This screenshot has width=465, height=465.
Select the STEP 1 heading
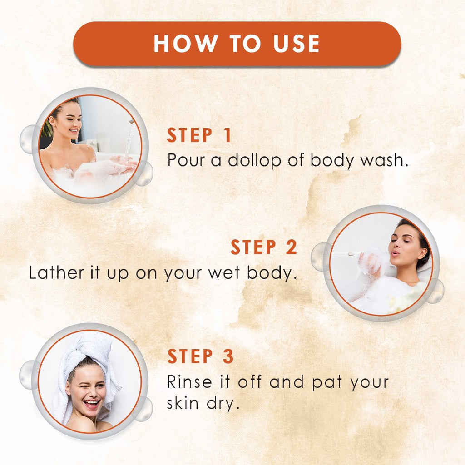point(199,135)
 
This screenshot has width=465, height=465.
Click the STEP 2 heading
point(264,247)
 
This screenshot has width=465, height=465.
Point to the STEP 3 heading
point(200,356)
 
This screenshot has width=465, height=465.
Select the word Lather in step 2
point(56,272)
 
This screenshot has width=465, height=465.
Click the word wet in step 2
point(224,273)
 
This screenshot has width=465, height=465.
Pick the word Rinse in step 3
point(189,381)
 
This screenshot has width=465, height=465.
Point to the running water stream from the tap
point(129,139)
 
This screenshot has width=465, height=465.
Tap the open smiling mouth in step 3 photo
point(91,404)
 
